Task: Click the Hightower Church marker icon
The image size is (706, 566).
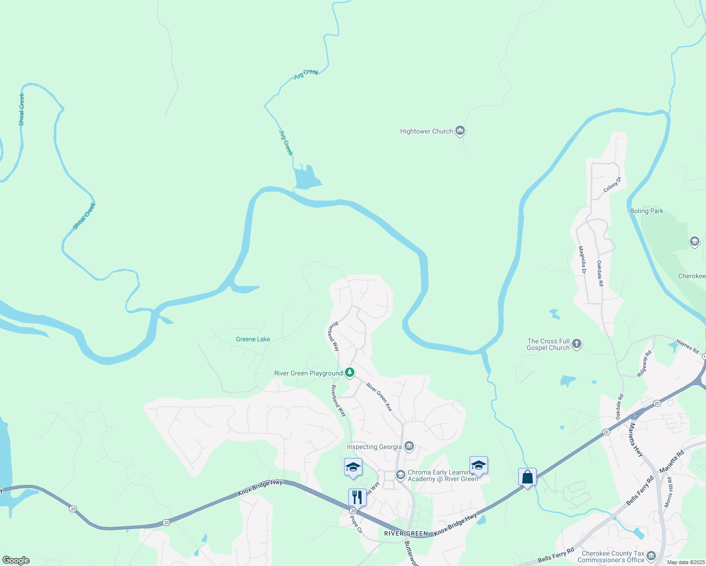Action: (x=460, y=131)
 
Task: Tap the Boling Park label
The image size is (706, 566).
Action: (x=647, y=211)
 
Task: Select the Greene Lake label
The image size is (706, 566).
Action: (x=253, y=339)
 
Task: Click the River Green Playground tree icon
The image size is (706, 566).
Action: (x=349, y=373)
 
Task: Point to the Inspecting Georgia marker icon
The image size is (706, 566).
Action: (x=409, y=446)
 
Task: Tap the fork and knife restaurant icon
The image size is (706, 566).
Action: (x=357, y=497)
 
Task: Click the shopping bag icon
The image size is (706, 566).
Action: (x=527, y=477)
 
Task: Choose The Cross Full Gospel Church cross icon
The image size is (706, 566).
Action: (x=576, y=344)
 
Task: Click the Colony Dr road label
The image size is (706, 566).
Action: (x=613, y=184)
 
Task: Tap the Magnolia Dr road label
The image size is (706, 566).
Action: (x=582, y=260)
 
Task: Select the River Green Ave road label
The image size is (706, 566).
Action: (x=379, y=397)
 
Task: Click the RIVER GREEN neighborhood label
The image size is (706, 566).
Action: (x=406, y=533)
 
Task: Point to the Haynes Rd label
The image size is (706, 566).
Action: (x=688, y=347)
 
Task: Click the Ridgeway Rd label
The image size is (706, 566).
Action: (x=644, y=363)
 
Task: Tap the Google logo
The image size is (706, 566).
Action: (x=16, y=560)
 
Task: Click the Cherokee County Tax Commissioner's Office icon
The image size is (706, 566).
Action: (x=651, y=556)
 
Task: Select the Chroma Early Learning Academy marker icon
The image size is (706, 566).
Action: (x=401, y=474)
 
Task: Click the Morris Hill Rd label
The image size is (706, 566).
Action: (x=668, y=492)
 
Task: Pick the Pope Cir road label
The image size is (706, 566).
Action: (x=356, y=524)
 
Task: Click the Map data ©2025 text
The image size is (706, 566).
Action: (x=686, y=562)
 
